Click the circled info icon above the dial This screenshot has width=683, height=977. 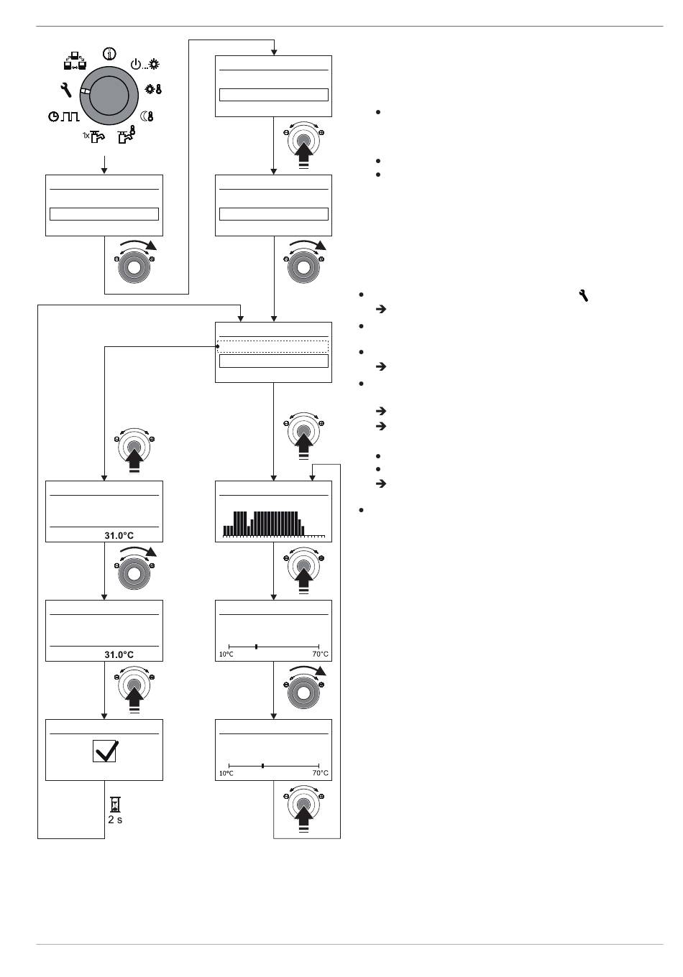[x=109, y=54]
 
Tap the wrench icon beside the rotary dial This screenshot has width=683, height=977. [x=65, y=89]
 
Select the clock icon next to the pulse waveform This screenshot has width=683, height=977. [x=54, y=116]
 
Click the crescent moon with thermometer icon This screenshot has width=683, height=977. [x=147, y=116]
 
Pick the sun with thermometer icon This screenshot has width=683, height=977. [x=153, y=89]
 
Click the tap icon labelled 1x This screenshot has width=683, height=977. [x=94, y=136]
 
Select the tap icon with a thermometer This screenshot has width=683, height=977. [x=127, y=135]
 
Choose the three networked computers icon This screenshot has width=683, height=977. [x=75, y=61]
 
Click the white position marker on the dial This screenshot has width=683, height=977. [x=85, y=91]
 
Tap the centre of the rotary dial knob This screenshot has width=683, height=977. [x=109, y=96]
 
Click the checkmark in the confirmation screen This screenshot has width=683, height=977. [x=106, y=751]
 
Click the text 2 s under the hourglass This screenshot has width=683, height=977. [x=115, y=820]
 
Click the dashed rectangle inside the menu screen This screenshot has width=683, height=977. [x=273, y=346]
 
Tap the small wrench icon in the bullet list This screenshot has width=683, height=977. [x=583, y=295]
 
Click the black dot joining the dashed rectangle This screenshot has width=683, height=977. [x=216, y=346]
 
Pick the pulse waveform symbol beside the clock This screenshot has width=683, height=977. [x=70, y=116]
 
